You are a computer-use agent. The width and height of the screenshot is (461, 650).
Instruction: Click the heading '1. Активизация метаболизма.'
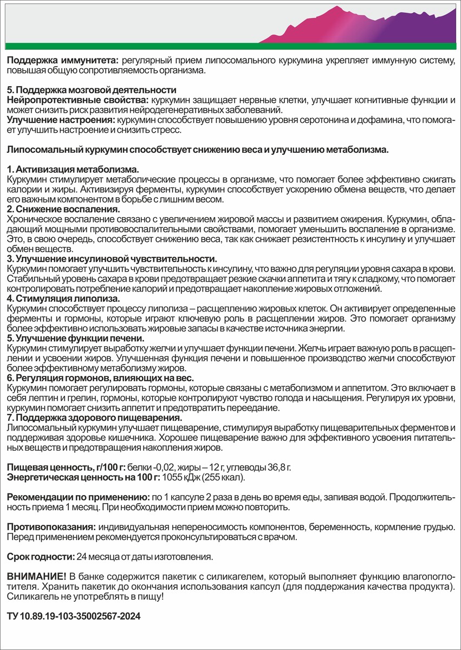73,169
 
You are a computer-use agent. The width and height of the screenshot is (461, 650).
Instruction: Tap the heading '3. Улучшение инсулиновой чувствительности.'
112,259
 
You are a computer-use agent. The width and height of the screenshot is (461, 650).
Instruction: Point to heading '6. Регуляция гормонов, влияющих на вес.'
100,378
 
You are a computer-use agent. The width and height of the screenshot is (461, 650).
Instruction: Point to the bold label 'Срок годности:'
41,556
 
